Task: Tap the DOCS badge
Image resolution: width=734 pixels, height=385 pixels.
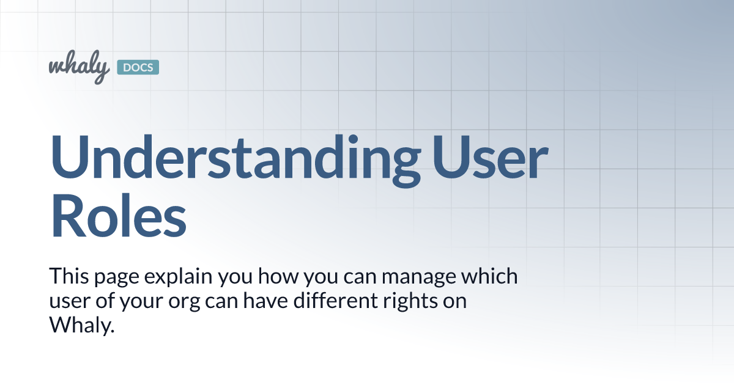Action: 138,67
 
